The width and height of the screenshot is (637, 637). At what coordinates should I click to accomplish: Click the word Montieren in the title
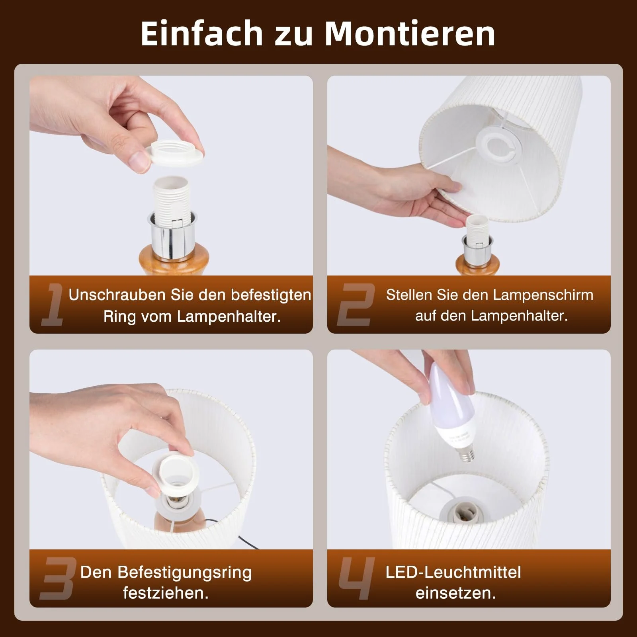[410, 33]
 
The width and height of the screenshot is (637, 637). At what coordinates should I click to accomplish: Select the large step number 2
[356, 305]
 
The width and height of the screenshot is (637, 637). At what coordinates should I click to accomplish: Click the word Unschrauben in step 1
[117, 295]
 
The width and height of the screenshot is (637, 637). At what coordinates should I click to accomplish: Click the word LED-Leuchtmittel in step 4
[453, 572]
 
